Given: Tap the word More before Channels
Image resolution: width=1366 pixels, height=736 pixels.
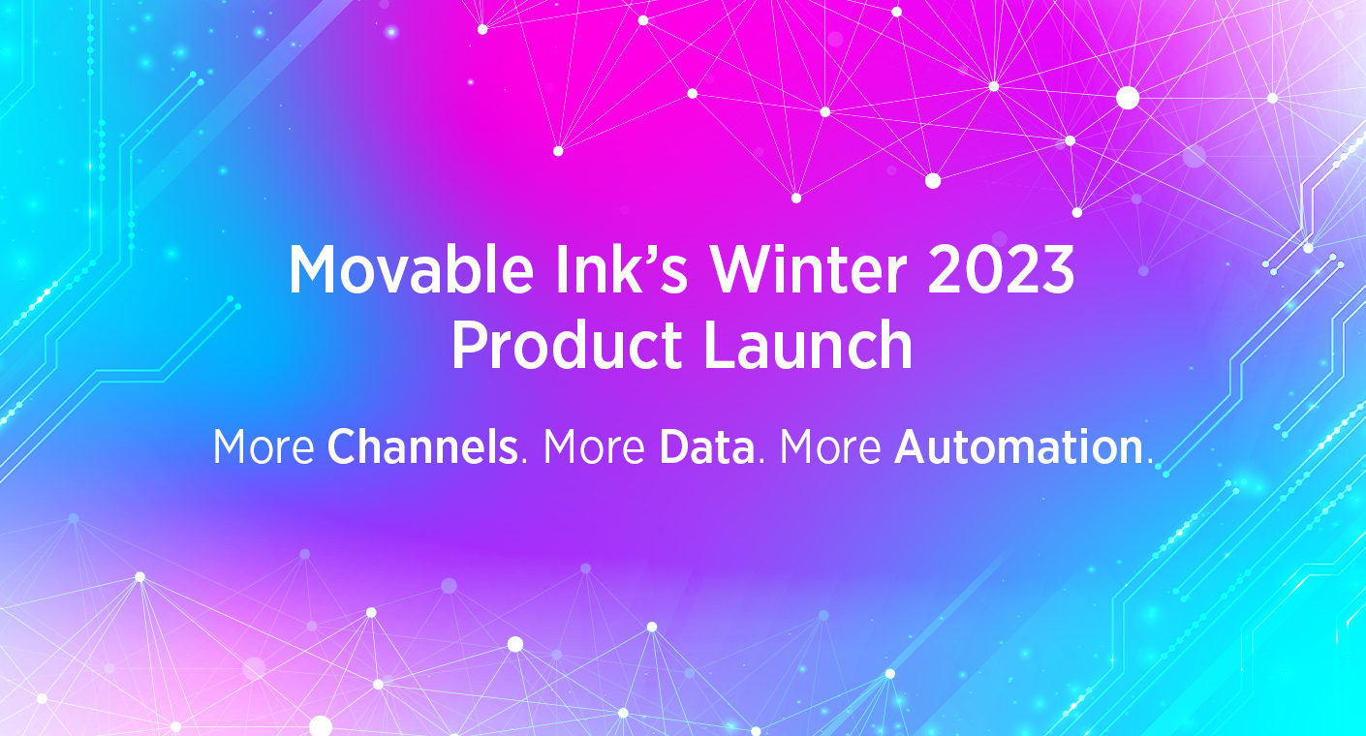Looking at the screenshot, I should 264,447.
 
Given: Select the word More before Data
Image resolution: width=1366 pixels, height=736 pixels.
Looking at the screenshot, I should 594,447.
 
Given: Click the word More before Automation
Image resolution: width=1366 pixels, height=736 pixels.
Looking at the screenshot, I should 830,447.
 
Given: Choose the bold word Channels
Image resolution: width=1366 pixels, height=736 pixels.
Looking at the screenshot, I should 422,447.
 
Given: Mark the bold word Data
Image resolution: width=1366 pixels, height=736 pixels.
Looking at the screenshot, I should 706,447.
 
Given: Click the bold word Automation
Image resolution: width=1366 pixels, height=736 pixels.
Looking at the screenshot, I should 1018,447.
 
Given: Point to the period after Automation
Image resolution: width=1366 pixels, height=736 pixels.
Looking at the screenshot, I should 1150,462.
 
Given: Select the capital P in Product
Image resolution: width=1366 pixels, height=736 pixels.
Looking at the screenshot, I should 469,346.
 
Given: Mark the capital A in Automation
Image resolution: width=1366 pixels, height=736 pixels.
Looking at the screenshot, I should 911,447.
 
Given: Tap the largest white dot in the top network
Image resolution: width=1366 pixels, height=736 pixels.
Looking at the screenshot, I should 1128,98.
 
